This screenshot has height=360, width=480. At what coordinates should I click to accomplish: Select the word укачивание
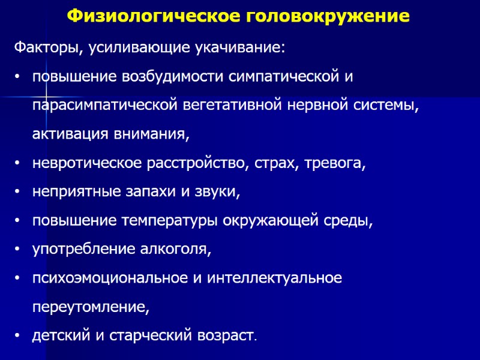click(237, 48)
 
